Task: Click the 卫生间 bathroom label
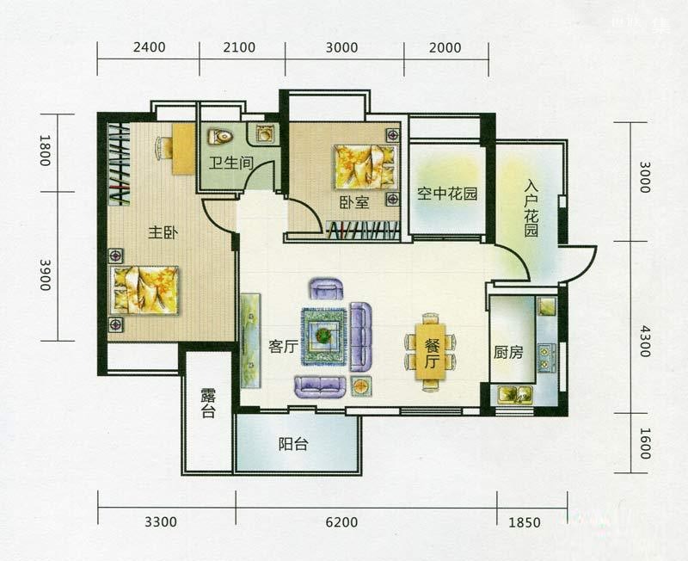point(230,163)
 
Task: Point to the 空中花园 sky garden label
point(447,193)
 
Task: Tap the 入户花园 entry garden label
point(531,209)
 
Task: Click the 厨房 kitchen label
point(508,352)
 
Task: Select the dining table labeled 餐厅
point(432,352)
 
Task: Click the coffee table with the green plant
point(324,336)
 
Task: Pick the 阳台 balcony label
point(293,444)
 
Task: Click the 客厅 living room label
point(284,347)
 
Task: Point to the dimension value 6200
point(342,522)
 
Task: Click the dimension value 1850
point(525,522)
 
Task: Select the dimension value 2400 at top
point(149,47)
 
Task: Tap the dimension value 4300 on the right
point(644,341)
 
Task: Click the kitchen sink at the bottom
point(514,394)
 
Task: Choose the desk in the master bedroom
point(183,149)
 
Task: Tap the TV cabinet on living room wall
point(250,341)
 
